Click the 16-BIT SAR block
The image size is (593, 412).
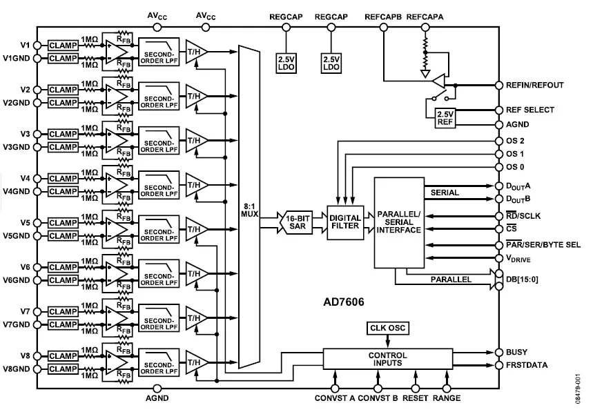click(x=298, y=222)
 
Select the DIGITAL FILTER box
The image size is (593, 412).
click(x=345, y=222)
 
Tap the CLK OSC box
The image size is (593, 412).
click(x=388, y=328)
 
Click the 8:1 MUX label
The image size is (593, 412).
click(x=250, y=210)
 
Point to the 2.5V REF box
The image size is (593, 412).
click(x=445, y=118)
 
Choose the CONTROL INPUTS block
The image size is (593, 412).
click(x=388, y=359)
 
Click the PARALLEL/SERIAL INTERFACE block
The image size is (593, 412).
click(x=399, y=223)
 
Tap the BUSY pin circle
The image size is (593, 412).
click(x=499, y=352)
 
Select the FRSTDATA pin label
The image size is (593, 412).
click(x=527, y=365)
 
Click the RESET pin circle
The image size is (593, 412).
click(x=416, y=388)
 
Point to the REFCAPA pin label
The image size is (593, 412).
click(x=425, y=17)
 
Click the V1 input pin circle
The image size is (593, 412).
click(x=37, y=46)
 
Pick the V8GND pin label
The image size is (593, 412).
click(x=17, y=369)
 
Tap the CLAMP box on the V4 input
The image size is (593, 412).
click(x=63, y=179)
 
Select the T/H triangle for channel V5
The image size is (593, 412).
click(x=197, y=229)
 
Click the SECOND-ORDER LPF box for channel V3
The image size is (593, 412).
click(x=159, y=141)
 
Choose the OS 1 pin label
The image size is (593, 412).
click(x=515, y=154)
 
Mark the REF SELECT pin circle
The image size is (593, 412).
click(x=499, y=110)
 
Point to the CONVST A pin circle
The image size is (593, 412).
click(x=335, y=388)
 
